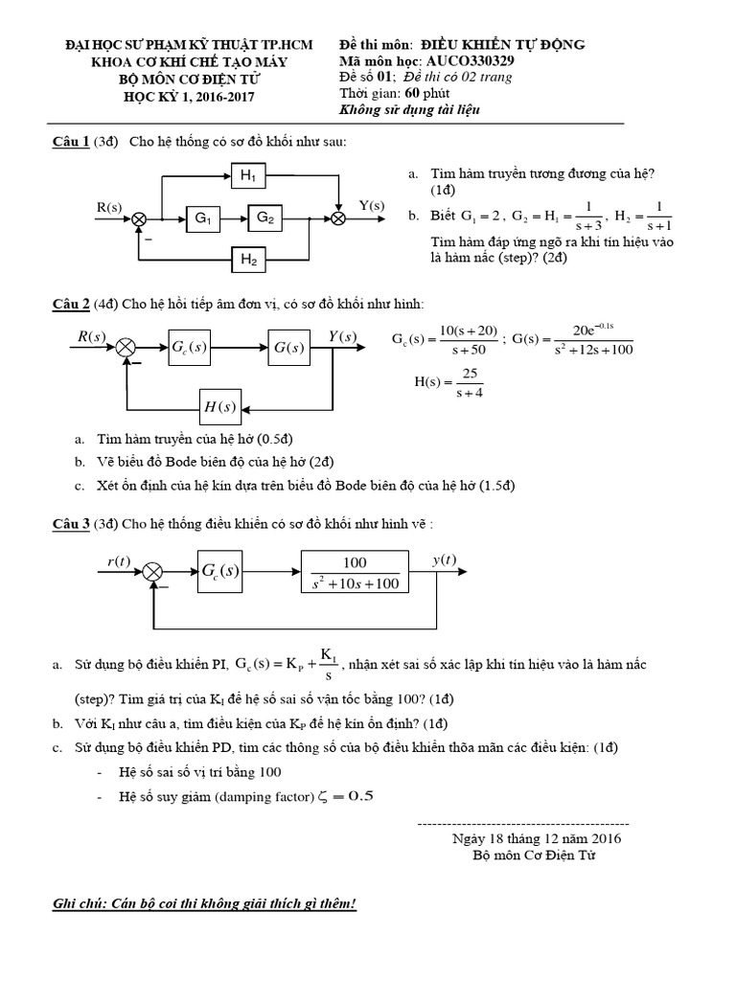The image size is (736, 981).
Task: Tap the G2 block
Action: (x=265, y=219)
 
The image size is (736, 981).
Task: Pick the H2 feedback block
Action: (x=249, y=258)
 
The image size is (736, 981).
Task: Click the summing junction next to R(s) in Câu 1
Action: (x=139, y=219)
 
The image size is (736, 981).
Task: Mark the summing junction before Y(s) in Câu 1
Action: (x=338, y=219)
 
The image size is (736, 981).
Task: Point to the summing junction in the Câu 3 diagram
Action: (x=152, y=572)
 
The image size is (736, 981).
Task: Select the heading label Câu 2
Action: (x=71, y=305)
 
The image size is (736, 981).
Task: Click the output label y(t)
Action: (x=445, y=559)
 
